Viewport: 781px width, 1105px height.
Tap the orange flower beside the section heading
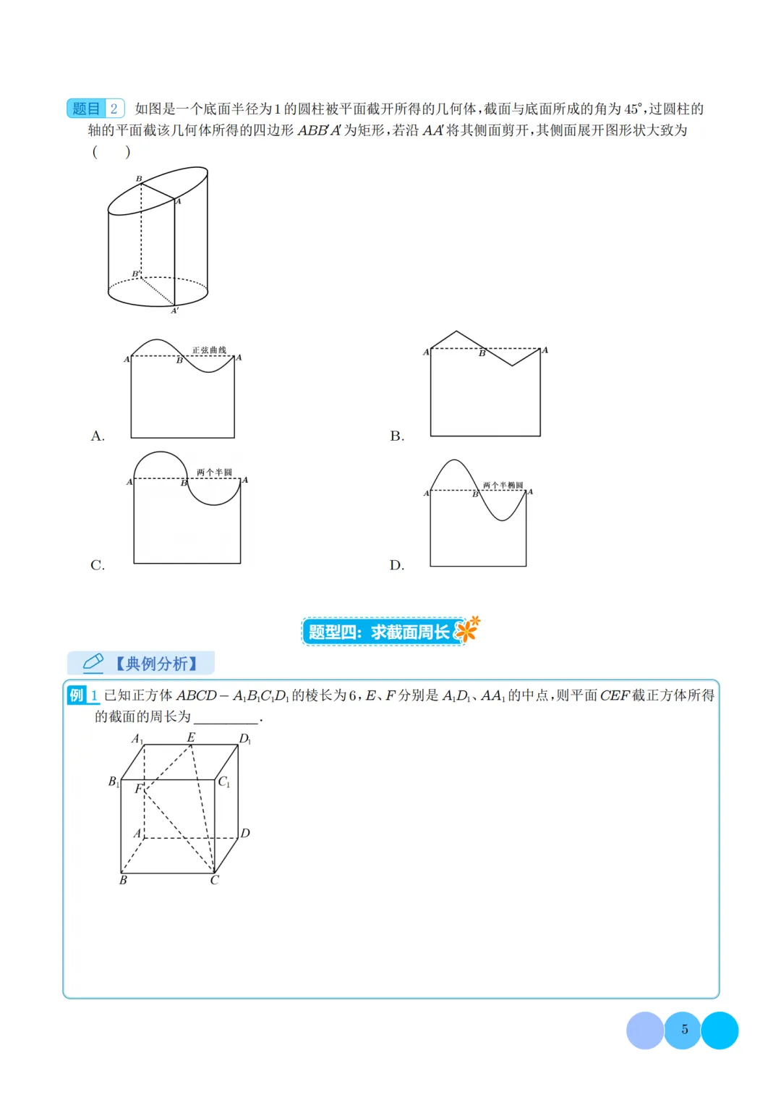coord(466,630)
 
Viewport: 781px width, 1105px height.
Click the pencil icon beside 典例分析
coord(93,663)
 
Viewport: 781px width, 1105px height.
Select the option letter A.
coord(97,436)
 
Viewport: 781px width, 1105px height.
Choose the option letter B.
coord(397,436)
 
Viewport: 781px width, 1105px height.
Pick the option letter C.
coord(97,565)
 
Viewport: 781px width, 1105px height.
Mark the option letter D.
coord(397,565)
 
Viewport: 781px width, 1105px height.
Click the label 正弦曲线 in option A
coord(209,350)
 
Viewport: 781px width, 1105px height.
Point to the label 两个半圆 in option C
coord(214,472)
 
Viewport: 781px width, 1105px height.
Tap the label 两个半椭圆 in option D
coord(503,485)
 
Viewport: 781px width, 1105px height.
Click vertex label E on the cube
coord(191,737)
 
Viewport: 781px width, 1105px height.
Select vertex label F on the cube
coord(139,788)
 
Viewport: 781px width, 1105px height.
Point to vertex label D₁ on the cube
coord(245,738)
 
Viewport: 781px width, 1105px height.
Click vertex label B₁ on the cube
coord(114,782)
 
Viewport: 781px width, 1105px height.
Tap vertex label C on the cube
coord(215,880)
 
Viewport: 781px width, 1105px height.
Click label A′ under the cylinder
coord(175,310)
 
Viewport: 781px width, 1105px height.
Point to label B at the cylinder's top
coord(139,179)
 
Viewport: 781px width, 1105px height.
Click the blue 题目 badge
coord(86,108)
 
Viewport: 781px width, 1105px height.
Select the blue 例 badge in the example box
coord(77,695)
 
